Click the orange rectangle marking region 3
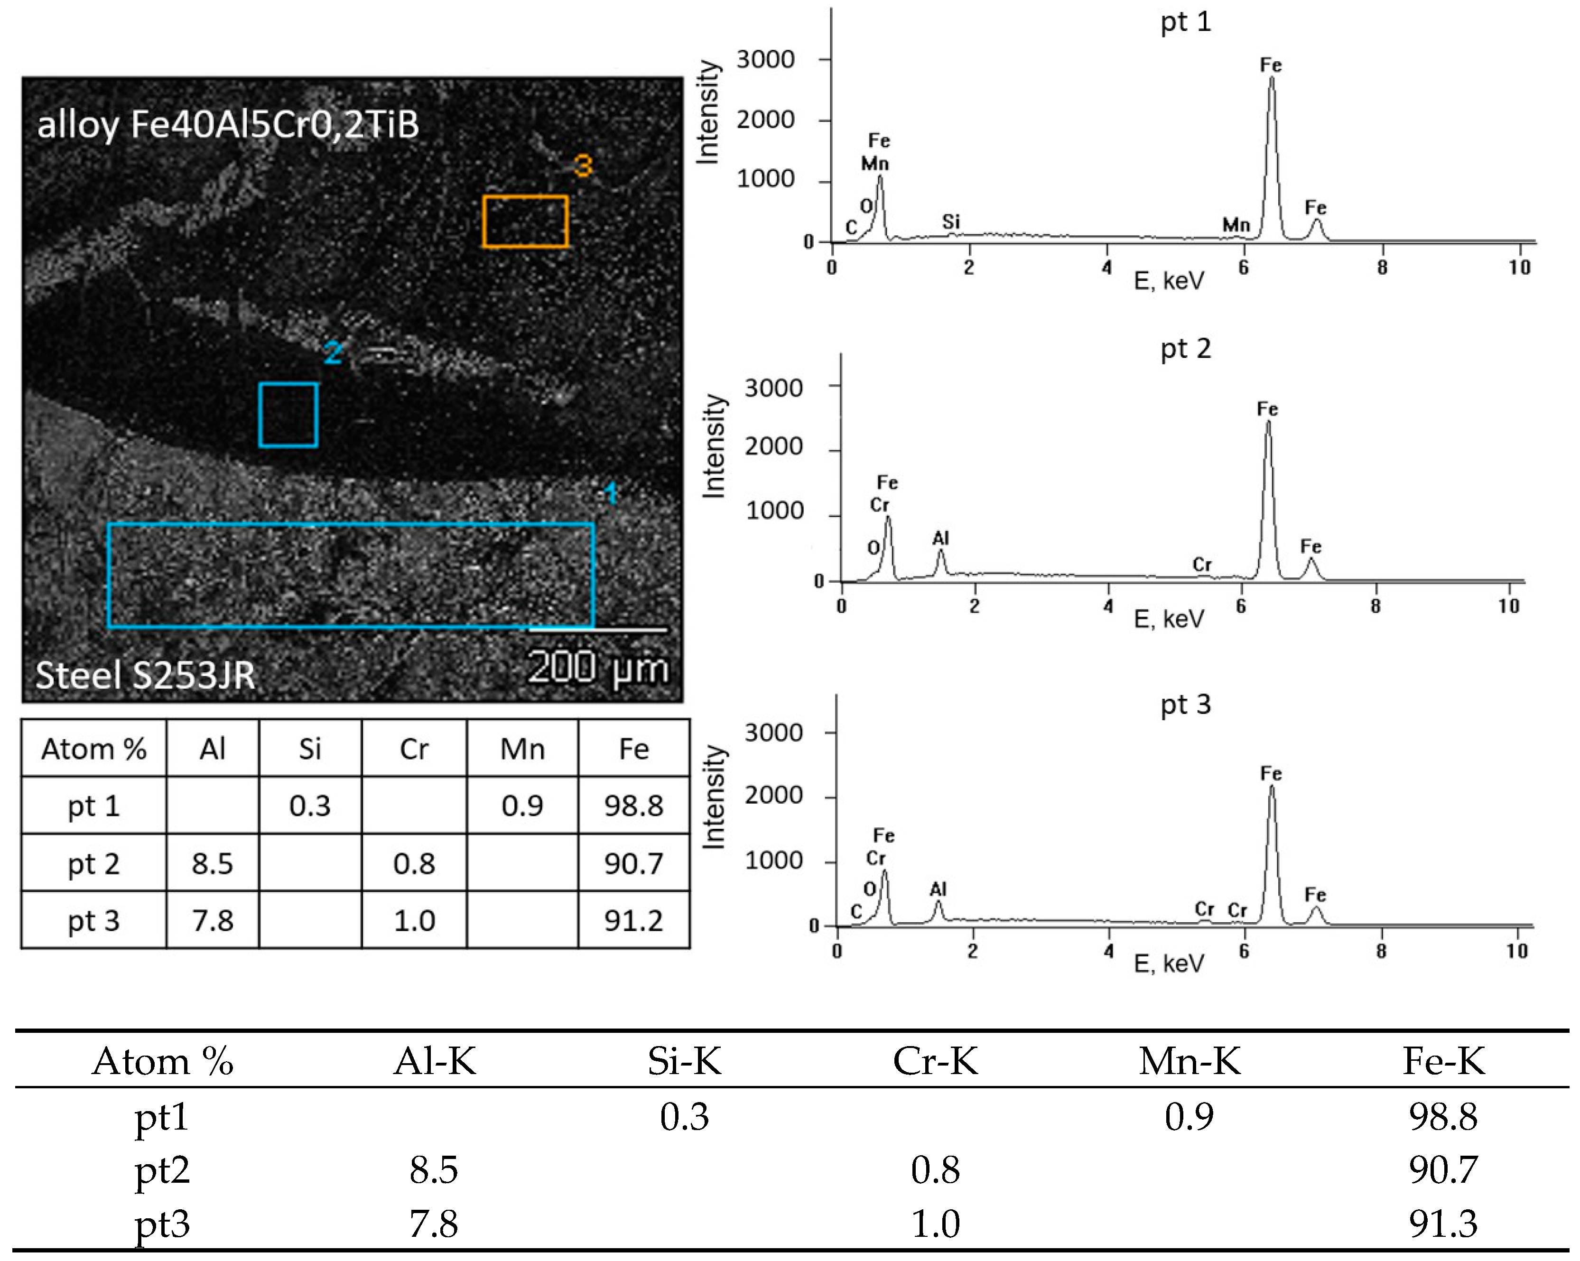point(525,221)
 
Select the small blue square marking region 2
point(288,415)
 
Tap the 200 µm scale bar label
point(597,668)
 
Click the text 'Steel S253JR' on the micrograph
point(145,675)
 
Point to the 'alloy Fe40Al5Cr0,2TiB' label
point(228,125)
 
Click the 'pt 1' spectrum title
point(1185,22)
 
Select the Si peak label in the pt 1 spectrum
point(950,221)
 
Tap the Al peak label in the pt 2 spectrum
point(940,538)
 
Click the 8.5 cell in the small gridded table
point(213,863)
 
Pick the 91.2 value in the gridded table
point(633,920)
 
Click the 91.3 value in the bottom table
point(1442,1224)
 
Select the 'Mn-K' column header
point(1190,1061)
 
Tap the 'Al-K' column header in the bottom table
point(435,1061)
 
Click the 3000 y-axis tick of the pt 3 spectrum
point(773,732)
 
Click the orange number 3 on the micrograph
point(583,167)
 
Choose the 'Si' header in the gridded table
point(310,749)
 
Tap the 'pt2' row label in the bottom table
point(162,1170)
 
